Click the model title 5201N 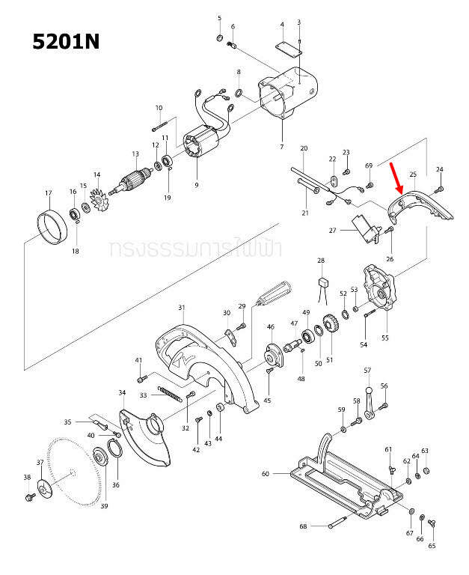tap(66, 42)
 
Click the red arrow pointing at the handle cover tap(395, 178)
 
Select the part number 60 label tap(265, 474)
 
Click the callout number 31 tap(181, 308)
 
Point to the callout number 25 tap(412, 174)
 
